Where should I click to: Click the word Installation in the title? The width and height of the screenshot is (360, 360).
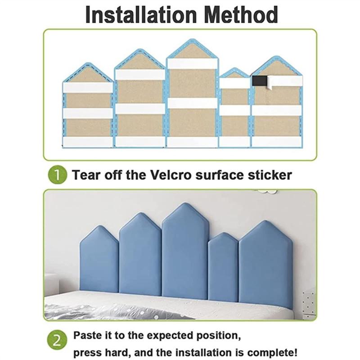(x=141, y=15)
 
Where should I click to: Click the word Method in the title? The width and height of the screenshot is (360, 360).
(x=241, y=15)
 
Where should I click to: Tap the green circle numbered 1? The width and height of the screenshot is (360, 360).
(x=57, y=175)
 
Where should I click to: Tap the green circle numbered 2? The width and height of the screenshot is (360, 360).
(x=57, y=340)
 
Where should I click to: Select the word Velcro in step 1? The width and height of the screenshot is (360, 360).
(x=171, y=175)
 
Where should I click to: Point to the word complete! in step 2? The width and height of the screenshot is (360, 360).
(x=272, y=352)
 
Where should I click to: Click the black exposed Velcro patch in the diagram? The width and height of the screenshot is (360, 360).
(x=260, y=81)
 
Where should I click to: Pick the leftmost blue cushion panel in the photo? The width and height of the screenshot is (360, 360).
(x=99, y=261)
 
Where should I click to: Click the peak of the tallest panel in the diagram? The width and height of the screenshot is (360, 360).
(x=193, y=40)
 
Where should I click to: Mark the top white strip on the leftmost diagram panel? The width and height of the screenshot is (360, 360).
(x=88, y=87)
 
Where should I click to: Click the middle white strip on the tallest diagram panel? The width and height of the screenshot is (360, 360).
(x=193, y=103)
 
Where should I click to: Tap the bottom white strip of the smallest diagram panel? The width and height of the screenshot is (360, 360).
(x=234, y=142)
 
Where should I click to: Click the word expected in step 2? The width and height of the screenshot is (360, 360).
(x=170, y=336)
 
